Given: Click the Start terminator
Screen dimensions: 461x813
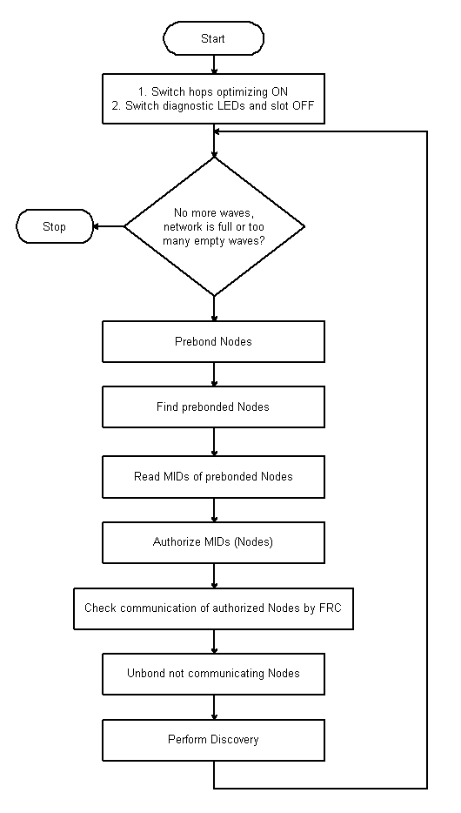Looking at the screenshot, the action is pos(213,38).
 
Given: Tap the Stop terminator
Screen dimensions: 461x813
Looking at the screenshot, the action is pos(55,226).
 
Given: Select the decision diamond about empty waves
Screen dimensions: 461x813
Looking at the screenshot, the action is pos(214,226).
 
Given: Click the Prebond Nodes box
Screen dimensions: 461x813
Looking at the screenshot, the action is pos(213,341).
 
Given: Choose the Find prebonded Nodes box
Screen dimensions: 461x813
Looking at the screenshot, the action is pos(213,406).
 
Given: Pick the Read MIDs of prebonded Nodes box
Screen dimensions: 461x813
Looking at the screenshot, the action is pos(213,476).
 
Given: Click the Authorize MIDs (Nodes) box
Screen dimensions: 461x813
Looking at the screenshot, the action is pos(213,542).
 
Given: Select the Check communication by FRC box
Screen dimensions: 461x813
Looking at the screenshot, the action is pos(213,608).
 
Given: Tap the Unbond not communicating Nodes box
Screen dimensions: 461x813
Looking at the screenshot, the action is pos(213,674).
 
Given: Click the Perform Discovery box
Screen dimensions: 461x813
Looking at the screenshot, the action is pos(213,740).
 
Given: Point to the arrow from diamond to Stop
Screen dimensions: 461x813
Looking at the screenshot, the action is pos(109,226).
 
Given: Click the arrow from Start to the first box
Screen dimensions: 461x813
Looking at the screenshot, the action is pos(214,64).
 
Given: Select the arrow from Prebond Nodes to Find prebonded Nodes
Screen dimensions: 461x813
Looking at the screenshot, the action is pos(214,374).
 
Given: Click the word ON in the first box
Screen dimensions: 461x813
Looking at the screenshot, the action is pos(280,91).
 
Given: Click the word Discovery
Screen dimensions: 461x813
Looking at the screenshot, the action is pos(236,739).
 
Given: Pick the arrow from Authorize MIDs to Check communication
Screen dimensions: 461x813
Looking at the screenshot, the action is pos(214,575).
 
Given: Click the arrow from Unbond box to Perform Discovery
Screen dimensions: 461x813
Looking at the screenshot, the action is pos(214,707).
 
